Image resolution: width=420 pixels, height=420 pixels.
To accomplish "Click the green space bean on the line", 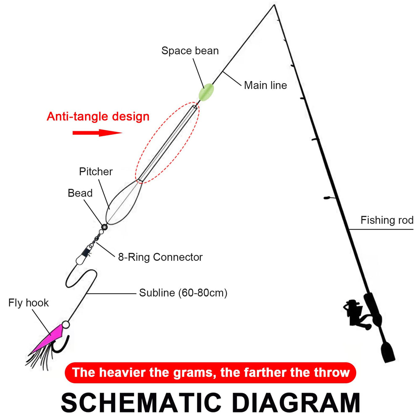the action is click(206, 92).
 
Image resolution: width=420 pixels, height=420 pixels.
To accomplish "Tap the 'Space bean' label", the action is click(190, 51).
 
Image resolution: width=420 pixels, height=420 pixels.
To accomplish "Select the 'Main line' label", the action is click(265, 85).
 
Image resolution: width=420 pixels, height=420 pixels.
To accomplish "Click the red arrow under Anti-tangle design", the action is click(97, 133).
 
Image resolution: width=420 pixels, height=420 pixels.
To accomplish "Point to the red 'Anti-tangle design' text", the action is click(98, 116).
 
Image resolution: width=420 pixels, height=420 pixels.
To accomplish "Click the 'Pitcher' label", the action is click(96, 172).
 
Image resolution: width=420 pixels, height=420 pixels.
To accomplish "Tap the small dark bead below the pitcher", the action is click(104, 227).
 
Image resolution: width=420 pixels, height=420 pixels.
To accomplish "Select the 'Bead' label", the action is click(80, 193).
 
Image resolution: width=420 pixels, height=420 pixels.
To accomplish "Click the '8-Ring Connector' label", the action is click(160, 257).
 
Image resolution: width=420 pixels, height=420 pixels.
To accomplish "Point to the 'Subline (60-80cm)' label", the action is click(183, 293).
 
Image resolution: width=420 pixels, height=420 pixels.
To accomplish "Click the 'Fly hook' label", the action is click(29, 303).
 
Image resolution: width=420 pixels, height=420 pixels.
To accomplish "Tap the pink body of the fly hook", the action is click(48, 338).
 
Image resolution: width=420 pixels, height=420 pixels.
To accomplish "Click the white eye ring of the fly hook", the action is click(66, 325).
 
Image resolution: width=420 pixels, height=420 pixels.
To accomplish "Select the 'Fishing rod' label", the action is click(387, 220).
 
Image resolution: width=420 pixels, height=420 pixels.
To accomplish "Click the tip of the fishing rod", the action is click(274, 5).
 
